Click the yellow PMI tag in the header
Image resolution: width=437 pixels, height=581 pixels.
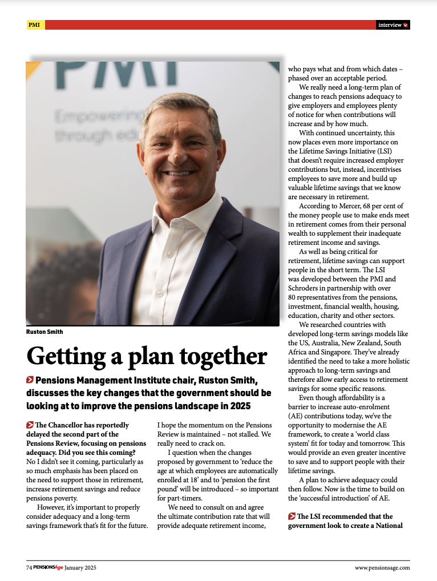point(35,25)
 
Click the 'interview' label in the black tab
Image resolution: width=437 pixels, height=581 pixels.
point(390,25)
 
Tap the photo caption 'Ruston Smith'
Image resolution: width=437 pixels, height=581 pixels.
point(44,332)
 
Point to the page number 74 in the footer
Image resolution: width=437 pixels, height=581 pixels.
point(29,567)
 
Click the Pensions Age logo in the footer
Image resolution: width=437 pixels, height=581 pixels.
point(48,567)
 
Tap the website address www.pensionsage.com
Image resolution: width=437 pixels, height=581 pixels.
point(382,567)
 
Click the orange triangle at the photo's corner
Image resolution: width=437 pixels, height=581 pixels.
point(32,68)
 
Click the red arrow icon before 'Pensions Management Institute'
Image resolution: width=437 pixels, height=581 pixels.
point(30,380)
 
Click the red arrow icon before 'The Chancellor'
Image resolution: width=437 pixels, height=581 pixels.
point(30,425)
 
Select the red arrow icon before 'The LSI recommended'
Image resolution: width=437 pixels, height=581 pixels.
point(292,517)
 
